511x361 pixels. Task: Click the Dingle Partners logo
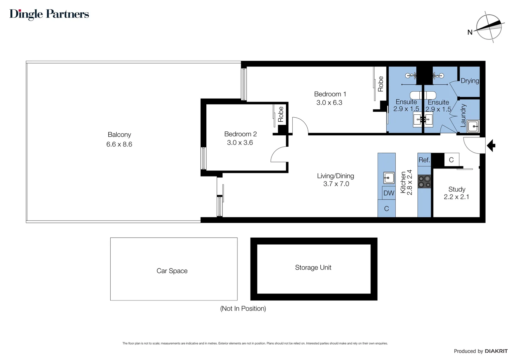[x=49, y=14]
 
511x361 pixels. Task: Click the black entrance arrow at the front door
[x=491, y=146]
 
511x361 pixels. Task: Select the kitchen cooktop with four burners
[x=424, y=182]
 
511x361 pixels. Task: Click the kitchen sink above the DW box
[x=389, y=177]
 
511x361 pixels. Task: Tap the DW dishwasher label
[x=389, y=193]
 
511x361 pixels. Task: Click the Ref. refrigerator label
[x=424, y=160]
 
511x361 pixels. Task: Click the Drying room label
[x=470, y=81]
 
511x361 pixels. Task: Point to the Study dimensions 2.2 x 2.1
[x=456, y=197]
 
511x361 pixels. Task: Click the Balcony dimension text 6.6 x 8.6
[x=119, y=144]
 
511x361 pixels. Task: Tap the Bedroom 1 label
[x=330, y=94]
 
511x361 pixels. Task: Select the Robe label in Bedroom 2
[x=281, y=114]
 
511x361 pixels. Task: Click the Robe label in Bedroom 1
[x=381, y=84]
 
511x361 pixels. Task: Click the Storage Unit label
[x=313, y=267]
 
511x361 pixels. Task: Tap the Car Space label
[x=172, y=271]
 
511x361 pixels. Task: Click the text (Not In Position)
[x=243, y=309]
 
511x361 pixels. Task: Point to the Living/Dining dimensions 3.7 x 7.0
[x=336, y=184]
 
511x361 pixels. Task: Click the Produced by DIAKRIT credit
[x=480, y=351]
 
